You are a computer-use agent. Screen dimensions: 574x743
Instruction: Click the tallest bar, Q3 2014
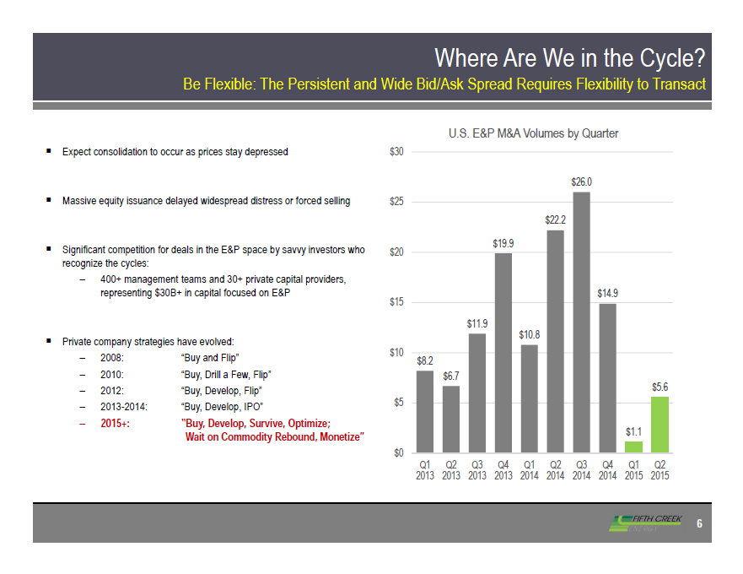pos(581,322)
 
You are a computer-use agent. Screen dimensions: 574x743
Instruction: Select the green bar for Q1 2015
pos(633,447)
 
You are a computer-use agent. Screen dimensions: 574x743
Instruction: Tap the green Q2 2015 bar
pos(660,425)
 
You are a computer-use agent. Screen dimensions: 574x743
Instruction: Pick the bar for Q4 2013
pos(503,352)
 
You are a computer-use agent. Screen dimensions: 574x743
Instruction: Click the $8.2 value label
pos(425,360)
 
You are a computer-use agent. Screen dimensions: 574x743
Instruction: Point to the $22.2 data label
pos(555,219)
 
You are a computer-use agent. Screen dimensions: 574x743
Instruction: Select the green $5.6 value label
pos(660,386)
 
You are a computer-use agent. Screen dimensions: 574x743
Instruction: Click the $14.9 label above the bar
pos(607,293)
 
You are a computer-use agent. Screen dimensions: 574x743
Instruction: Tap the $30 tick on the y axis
pos(396,152)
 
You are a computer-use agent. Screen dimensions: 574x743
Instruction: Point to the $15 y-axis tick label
pos(396,302)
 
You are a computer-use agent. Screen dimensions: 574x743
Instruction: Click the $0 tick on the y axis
pos(398,452)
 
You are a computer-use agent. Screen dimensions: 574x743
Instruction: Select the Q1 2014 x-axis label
pos(529,470)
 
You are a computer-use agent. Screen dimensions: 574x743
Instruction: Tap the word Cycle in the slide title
pos(671,58)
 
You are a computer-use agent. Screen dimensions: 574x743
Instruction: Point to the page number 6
pos(699,523)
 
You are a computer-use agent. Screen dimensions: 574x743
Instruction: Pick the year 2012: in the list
pos(112,390)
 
